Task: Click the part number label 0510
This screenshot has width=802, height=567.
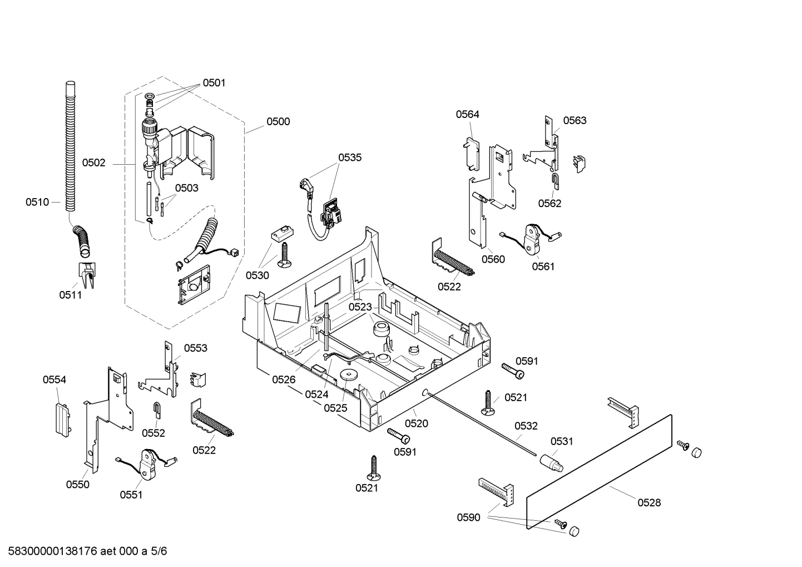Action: tap(37, 202)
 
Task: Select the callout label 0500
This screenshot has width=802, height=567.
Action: tap(278, 121)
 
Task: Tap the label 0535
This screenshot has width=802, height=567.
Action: tap(350, 157)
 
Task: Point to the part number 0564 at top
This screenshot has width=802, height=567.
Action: tap(467, 114)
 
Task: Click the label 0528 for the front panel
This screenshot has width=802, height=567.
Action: tap(649, 502)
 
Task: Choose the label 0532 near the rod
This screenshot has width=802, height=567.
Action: tap(526, 426)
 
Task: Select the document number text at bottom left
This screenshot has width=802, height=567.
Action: tap(84, 551)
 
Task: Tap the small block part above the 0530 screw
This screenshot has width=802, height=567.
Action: tap(282, 234)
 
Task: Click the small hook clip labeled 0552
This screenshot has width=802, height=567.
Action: tap(157, 410)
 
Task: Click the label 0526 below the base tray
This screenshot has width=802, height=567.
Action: tap(284, 379)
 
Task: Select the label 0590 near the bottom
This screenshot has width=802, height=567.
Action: tap(468, 517)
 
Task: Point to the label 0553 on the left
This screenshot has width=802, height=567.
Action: tap(196, 348)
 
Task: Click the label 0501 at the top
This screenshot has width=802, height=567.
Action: tap(214, 83)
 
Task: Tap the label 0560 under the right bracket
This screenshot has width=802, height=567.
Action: tap(493, 259)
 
